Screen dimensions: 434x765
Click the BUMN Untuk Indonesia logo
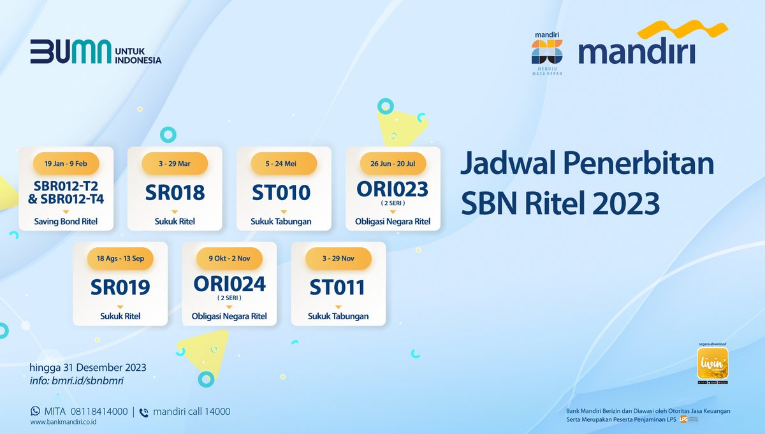(96, 52)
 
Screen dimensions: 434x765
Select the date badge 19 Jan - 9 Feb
(66, 164)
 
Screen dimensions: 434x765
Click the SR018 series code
(175, 192)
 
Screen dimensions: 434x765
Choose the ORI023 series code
(393, 189)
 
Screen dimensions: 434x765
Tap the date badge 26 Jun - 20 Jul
(393, 164)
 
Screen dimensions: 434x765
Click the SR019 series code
(120, 287)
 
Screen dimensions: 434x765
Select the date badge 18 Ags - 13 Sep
(120, 258)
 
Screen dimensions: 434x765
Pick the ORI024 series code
(229, 283)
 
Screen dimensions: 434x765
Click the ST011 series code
(338, 287)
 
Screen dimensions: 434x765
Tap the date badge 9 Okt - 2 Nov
(229, 258)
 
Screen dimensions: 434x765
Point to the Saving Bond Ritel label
(66, 222)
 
